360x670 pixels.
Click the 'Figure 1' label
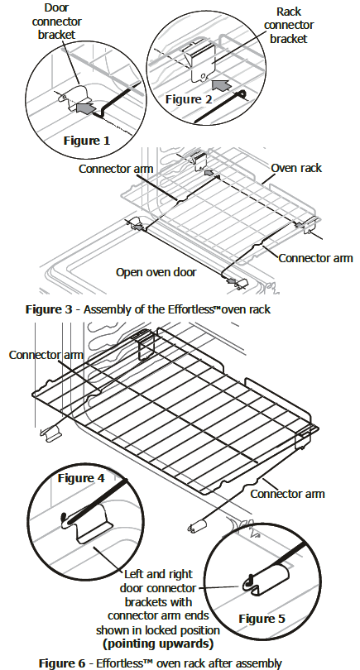click(86, 141)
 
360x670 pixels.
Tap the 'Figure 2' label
click(189, 99)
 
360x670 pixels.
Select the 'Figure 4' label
click(81, 478)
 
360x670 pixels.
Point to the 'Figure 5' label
click(262, 619)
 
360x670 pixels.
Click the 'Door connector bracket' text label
click(56, 21)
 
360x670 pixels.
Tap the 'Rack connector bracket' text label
click(289, 25)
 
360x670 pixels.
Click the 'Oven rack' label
click(296, 168)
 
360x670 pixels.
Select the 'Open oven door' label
click(156, 272)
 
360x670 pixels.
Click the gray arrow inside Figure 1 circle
click(84, 108)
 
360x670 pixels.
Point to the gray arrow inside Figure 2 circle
click(222, 84)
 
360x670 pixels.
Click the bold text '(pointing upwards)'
click(158, 644)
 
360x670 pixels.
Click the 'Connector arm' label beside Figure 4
click(46, 355)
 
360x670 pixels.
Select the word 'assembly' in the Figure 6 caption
click(260, 664)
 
